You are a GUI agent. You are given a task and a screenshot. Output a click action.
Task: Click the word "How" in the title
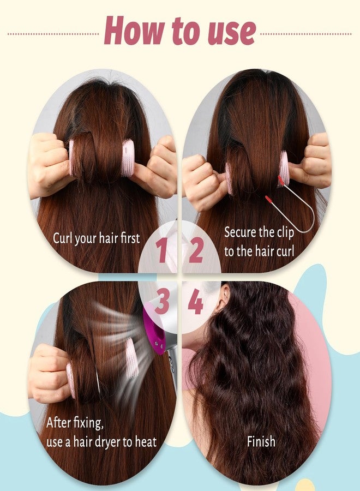134,31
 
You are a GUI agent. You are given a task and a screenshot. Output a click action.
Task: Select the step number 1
161,250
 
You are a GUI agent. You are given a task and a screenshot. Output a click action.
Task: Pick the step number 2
196,250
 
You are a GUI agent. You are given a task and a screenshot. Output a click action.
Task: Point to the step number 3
162,301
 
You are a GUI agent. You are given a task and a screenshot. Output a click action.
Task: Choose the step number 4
196,301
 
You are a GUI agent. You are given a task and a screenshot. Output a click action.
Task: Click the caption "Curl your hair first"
97,238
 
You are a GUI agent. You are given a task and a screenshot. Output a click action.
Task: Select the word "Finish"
261,441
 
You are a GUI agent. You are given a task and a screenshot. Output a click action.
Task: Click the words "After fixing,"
75,423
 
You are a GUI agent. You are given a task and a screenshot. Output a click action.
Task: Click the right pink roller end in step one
128,158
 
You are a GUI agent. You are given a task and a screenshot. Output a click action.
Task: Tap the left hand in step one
50,164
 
